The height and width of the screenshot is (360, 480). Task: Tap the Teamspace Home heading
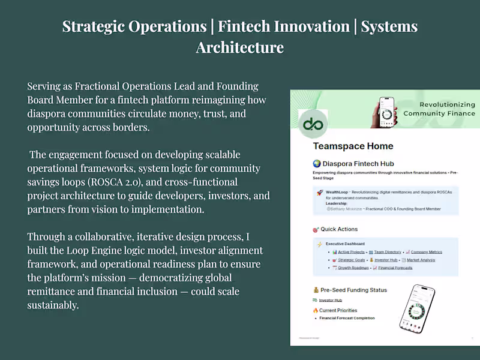pyautogui.click(x=353, y=146)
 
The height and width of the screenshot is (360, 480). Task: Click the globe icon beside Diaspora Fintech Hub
pyautogui.click(x=317, y=163)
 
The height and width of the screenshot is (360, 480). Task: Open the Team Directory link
pyautogui.click(x=388, y=252)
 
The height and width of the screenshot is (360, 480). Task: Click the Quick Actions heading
pyautogui.click(x=339, y=229)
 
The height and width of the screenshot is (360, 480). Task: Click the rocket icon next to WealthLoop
pyautogui.click(x=320, y=193)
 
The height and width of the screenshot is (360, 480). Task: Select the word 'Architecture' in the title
pyautogui.click(x=240, y=47)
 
